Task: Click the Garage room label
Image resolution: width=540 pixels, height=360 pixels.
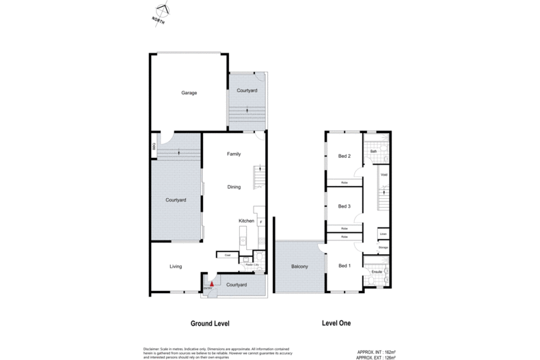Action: click(x=189, y=93)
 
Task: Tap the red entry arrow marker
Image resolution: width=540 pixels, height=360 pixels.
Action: click(x=212, y=282)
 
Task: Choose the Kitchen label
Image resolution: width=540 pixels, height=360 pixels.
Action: click(x=246, y=221)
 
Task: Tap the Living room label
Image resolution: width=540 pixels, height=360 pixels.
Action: click(x=176, y=266)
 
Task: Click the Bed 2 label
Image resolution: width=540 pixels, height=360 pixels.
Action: click(x=345, y=156)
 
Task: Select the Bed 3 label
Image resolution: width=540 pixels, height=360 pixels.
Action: click(x=345, y=206)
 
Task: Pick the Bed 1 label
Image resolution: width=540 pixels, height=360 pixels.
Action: click(x=345, y=265)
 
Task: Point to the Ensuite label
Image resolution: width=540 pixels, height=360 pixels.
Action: click(x=376, y=273)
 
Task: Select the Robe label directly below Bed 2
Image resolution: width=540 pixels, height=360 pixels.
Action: click(x=345, y=183)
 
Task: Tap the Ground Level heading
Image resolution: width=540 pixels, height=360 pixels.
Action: click(x=209, y=323)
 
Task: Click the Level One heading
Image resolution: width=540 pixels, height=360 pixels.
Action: click(x=336, y=323)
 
